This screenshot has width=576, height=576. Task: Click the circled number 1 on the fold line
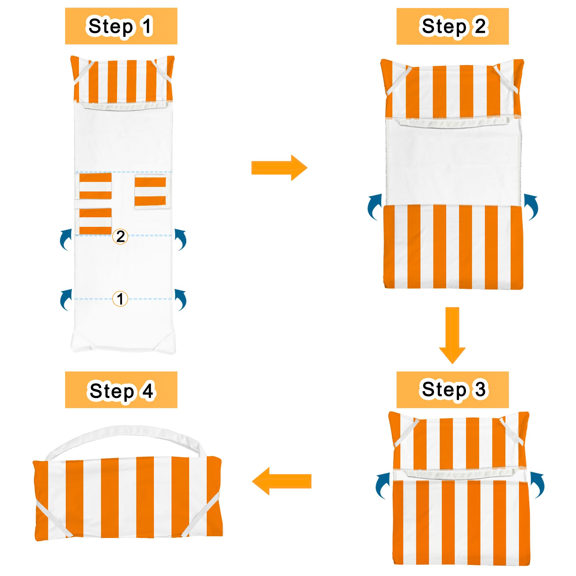pyautogui.click(x=120, y=299)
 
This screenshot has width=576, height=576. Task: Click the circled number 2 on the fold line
pyautogui.click(x=120, y=236)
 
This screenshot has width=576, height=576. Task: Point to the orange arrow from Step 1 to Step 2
pyautogui.click(x=279, y=168)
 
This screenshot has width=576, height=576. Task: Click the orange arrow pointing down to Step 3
pyautogui.click(x=452, y=335)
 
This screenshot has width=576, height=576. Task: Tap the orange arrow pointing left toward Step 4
pyautogui.click(x=281, y=481)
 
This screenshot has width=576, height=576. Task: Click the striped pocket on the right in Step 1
pyautogui.click(x=150, y=192)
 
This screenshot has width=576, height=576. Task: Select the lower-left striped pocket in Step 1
pyautogui.click(x=95, y=221)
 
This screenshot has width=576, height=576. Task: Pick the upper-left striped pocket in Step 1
pyautogui.click(x=95, y=186)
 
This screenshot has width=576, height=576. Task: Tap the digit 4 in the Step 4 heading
pyautogui.click(x=147, y=391)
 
